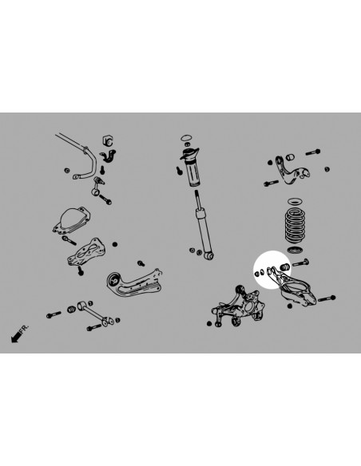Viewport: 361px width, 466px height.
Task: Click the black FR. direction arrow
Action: click(16, 337)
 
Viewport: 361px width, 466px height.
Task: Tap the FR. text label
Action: click(25, 329)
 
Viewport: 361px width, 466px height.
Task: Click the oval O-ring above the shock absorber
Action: click(186, 137)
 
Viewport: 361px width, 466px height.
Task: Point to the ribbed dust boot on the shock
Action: click(194, 175)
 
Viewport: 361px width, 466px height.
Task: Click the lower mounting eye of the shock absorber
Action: click(209, 255)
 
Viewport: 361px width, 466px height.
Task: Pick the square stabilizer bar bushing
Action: click(108, 140)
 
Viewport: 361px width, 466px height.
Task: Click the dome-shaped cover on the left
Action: click(72, 220)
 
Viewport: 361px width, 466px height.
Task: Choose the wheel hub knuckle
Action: click(239, 306)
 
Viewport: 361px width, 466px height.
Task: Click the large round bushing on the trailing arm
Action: click(114, 279)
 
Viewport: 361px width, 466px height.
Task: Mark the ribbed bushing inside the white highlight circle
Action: click(285, 267)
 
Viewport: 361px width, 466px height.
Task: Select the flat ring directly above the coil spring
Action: click(295, 202)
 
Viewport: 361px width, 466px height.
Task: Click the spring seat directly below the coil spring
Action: click(295, 250)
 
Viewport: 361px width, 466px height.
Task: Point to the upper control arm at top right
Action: click(292, 171)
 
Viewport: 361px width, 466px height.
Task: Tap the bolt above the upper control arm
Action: click(313, 152)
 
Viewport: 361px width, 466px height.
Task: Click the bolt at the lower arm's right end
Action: click(327, 298)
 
